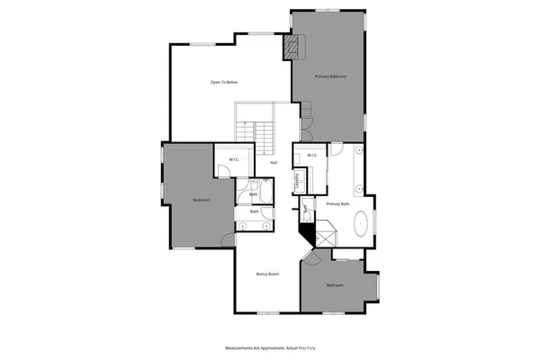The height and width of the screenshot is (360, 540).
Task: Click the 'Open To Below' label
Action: click(224, 82)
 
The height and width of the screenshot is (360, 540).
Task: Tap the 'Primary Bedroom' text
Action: click(331, 77)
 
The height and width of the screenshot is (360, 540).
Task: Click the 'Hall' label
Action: click(273, 163)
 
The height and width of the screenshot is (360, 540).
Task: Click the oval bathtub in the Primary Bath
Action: click(362, 222)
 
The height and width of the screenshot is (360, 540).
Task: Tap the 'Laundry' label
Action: click(297, 183)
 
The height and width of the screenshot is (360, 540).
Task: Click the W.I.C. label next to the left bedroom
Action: click(233, 160)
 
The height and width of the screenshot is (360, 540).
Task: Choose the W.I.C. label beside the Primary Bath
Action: click(311, 156)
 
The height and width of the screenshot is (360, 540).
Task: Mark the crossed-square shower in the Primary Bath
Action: click(324, 235)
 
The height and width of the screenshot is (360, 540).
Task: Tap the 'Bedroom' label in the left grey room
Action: click(201, 200)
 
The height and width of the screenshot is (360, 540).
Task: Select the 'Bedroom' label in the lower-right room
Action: click(335, 285)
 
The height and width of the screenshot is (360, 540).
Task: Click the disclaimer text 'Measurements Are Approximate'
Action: click(255, 346)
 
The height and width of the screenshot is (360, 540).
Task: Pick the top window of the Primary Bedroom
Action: click(327, 11)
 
